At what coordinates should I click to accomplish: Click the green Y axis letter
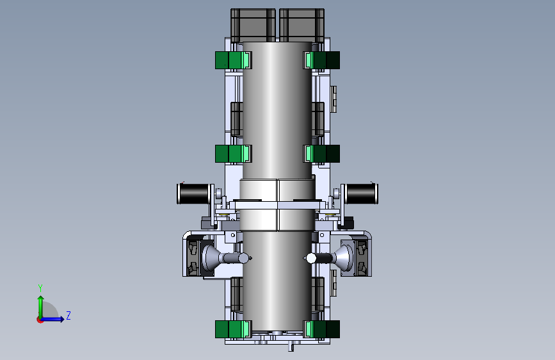pos(40,288)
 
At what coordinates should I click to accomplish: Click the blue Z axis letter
pos(68,315)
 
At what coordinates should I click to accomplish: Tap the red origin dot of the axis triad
pos(40,320)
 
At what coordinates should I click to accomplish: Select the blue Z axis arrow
pos(53,319)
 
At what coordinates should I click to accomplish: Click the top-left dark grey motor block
pos(253,25)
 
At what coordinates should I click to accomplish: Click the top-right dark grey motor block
pos(302,25)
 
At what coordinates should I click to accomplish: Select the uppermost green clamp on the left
pos(233,60)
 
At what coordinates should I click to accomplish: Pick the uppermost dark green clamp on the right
pos(321,60)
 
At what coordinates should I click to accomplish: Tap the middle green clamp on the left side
pos(233,154)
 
